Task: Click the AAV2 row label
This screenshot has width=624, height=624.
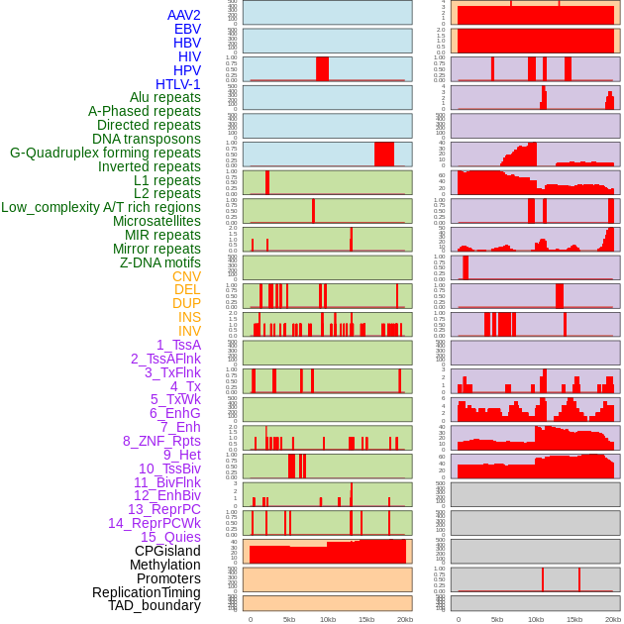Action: point(184,15)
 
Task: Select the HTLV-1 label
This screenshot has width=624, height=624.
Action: point(178,84)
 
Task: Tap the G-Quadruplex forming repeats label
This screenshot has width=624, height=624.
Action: point(105,153)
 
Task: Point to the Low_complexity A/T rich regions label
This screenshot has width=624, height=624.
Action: point(101,207)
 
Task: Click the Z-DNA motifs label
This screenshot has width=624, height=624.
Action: point(160,262)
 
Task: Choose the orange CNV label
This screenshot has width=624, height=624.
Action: point(186,276)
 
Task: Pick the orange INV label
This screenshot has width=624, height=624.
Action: point(189,331)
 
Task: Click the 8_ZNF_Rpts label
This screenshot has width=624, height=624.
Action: point(161,441)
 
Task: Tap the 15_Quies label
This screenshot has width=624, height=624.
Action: point(170,537)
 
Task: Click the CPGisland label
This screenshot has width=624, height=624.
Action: point(167,551)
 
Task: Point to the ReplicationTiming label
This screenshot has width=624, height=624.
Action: point(147,592)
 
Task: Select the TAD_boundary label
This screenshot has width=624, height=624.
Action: point(155,605)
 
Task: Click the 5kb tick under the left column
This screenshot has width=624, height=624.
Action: point(289,619)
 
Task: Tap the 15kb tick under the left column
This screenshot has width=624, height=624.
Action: point(366,619)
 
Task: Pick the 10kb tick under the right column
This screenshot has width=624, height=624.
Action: point(536,619)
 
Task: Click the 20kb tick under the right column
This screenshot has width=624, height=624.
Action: point(613,619)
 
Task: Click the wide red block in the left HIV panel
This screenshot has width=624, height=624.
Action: point(322,68)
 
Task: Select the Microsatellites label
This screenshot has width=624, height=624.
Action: point(156,221)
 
